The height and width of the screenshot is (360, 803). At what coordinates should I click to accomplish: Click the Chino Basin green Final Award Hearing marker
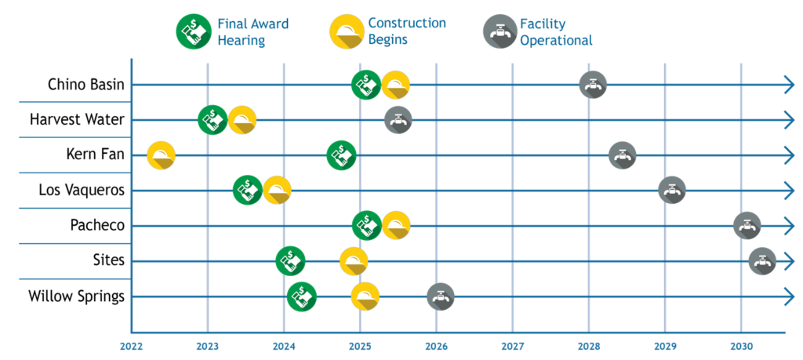tap(366, 85)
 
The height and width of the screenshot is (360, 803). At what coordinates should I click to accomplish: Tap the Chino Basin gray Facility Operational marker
tap(593, 85)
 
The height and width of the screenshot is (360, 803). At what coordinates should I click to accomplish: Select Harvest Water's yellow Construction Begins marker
tap(242, 120)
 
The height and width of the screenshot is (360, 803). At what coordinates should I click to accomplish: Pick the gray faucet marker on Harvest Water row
tap(398, 120)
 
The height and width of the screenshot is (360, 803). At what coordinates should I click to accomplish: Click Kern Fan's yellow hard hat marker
tap(162, 155)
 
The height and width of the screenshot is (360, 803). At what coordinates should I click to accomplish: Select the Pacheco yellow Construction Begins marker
tap(396, 225)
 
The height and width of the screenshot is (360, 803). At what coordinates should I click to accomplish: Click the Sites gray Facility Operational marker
tap(762, 261)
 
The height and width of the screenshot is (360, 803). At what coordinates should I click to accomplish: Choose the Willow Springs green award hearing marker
tap(302, 296)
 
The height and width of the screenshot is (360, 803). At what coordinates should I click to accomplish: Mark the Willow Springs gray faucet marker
tap(441, 296)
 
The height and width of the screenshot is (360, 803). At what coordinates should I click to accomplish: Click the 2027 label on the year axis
tap(513, 346)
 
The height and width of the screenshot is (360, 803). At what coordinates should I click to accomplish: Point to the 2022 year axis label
tap(132, 346)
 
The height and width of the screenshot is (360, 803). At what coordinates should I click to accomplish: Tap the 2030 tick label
tap(741, 346)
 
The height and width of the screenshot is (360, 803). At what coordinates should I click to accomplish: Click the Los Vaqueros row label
tap(82, 191)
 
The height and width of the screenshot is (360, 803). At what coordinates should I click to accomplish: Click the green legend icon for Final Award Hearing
tap(191, 31)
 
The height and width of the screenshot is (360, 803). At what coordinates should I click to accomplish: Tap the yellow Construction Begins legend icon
tap(347, 31)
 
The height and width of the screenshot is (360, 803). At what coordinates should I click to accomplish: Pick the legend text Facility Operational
tap(556, 31)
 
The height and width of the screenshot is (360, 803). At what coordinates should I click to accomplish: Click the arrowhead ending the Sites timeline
tap(789, 261)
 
